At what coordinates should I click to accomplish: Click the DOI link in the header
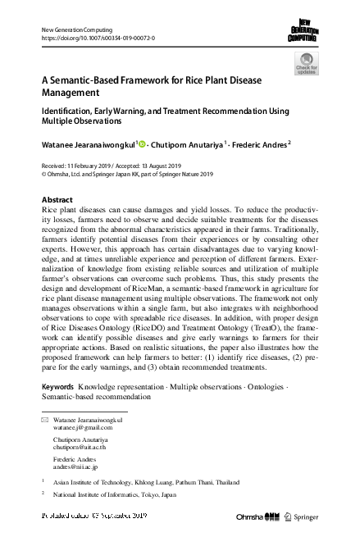click(x=98, y=38)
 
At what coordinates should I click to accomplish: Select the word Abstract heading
click(x=57, y=199)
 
